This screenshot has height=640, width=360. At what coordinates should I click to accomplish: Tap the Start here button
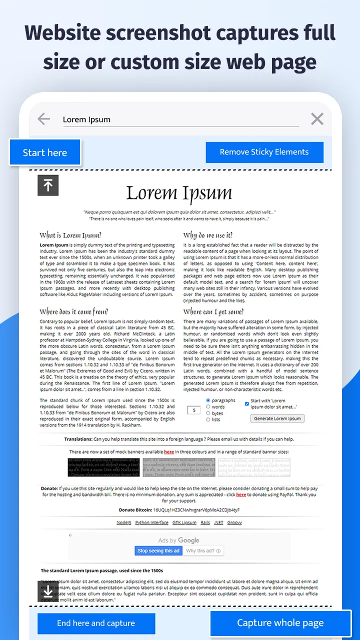click(x=44, y=152)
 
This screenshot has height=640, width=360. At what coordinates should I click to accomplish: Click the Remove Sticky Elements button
click(x=264, y=152)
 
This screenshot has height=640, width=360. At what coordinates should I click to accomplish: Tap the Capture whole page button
click(x=280, y=623)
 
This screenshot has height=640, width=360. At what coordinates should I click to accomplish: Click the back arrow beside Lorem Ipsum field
click(x=44, y=119)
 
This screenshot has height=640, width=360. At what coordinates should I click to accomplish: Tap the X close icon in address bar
click(x=317, y=119)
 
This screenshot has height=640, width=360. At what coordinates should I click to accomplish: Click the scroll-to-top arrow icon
click(x=48, y=185)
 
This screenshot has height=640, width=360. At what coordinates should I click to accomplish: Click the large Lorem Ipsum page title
click(x=179, y=193)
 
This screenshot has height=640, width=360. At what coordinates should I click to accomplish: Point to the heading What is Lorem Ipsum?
click(x=70, y=235)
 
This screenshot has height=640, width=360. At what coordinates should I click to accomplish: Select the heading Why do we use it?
click(x=207, y=235)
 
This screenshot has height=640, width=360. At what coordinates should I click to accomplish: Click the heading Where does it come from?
click(x=73, y=311)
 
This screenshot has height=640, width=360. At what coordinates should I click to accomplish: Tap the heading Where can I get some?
click(x=213, y=311)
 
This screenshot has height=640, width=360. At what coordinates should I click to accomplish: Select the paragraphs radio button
click(x=208, y=400)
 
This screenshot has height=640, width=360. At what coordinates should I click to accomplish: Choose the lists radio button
click(x=208, y=419)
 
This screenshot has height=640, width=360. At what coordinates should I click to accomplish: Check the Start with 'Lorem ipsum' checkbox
click(x=247, y=403)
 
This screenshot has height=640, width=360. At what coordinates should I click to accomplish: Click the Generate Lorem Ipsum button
click(x=277, y=418)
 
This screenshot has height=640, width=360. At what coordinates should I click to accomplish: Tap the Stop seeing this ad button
click(x=158, y=550)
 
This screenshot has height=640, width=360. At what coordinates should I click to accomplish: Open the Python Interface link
click(x=151, y=522)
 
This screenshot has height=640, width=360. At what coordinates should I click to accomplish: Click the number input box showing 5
click(x=194, y=410)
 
